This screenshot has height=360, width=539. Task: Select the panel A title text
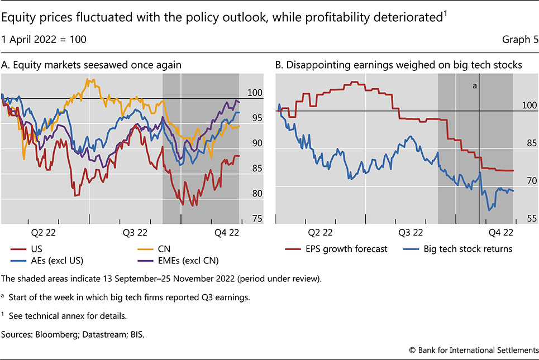92,65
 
